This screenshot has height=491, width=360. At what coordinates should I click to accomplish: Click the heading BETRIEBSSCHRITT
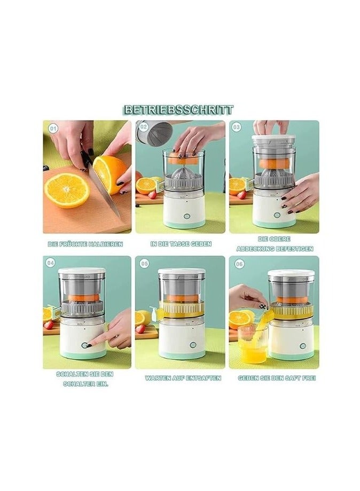[178, 110]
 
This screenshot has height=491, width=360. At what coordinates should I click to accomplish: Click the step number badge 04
[51, 263]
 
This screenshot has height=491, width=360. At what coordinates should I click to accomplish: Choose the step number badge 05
[144, 264]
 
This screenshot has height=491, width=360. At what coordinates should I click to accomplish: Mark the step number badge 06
[239, 264]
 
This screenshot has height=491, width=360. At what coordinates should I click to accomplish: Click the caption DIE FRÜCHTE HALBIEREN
[85, 244]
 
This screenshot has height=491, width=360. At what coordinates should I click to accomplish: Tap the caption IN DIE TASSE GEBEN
[181, 244]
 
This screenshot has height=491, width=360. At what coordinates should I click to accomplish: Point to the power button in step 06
[302, 346]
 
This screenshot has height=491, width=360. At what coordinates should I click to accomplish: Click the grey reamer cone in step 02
[182, 172]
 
